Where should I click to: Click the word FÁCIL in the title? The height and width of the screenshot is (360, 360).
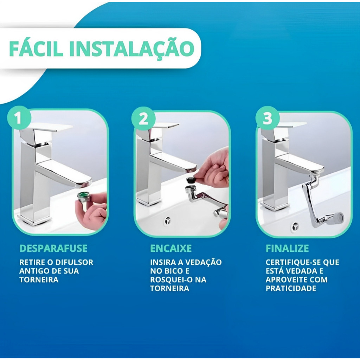tap(36, 49)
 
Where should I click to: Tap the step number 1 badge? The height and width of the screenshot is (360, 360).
tap(19, 118)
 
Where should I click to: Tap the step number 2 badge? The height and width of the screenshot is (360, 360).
tap(143, 119)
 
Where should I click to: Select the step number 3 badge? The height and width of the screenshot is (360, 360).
tap(268, 118)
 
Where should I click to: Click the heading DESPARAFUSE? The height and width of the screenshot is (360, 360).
tap(53, 249)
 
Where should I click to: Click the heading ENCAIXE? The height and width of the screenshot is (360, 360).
tap(171, 249)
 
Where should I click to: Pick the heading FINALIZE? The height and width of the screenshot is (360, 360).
tap(287, 249)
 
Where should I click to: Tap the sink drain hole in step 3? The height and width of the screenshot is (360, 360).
tap(295, 227)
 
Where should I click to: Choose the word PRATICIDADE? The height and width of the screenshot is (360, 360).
tap(291, 288)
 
